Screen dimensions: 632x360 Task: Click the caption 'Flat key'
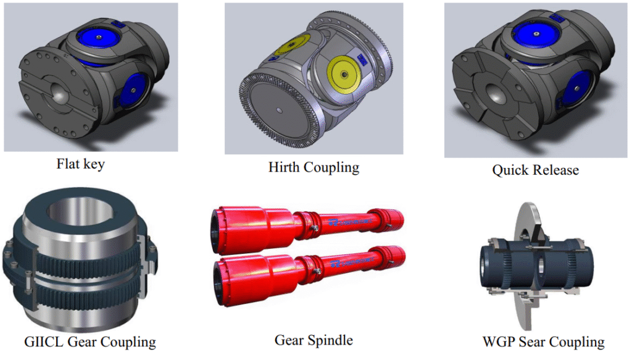tap(81, 164)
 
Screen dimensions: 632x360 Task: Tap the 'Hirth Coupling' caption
tap(314, 167)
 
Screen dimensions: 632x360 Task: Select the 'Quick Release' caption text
tap(535, 170)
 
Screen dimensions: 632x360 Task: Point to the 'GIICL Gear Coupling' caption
tap(90, 341)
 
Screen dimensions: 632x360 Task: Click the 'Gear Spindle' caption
tap(314, 340)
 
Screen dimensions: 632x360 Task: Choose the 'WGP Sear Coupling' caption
tap(543, 341)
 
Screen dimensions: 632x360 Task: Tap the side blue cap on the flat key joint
tap(133, 91)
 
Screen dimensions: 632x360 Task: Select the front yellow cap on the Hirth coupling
tap(344, 75)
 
